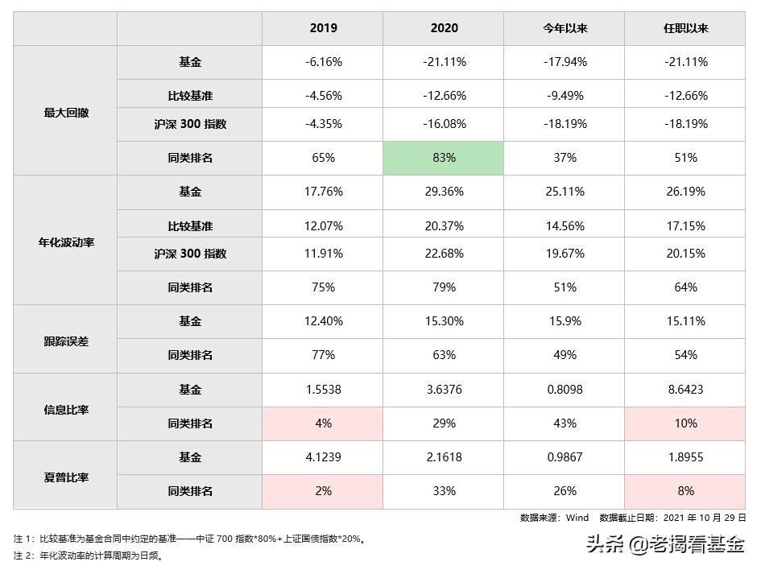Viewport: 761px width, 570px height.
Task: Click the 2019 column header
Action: pos(323,28)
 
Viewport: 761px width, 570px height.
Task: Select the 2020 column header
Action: pos(444,28)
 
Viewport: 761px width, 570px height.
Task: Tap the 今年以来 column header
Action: pos(565,28)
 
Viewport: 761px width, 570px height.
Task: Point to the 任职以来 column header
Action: pos(685,28)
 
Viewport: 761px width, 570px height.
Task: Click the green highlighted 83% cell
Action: pos(444,158)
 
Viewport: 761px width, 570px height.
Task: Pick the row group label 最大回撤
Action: pos(66,113)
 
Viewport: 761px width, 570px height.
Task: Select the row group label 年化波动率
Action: pos(66,242)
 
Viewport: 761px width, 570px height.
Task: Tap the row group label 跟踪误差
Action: pos(66,341)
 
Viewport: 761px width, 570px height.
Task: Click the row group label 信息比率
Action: pos(66,409)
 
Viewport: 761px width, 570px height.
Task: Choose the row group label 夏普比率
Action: pos(66,477)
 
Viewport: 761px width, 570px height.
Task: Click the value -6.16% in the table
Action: pos(323,62)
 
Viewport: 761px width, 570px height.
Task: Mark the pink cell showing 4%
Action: pos(323,423)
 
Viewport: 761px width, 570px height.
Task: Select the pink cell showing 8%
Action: pos(685,491)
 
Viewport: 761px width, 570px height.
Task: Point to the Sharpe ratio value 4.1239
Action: pos(323,457)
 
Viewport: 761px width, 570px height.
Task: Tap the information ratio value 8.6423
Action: pos(685,390)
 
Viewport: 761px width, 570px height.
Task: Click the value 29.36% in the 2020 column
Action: pos(444,192)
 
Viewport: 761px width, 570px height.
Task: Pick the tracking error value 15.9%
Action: pos(565,321)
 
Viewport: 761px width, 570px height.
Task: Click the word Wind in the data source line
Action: pos(577,518)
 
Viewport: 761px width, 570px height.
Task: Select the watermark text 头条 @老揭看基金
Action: pos(665,546)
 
